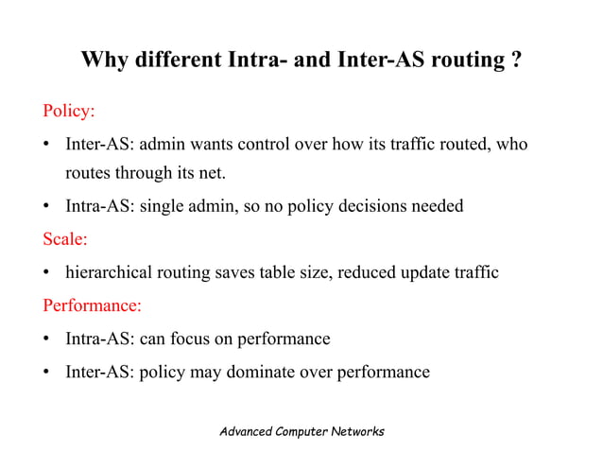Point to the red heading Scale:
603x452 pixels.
pyautogui.click(x=65, y=239)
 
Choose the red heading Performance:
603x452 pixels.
pyautogui.click(x=92, y=306)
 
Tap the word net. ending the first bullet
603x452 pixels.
pyautogui.click(x=214, y=173)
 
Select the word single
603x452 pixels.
pyautogui.click(x=164, y=206)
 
